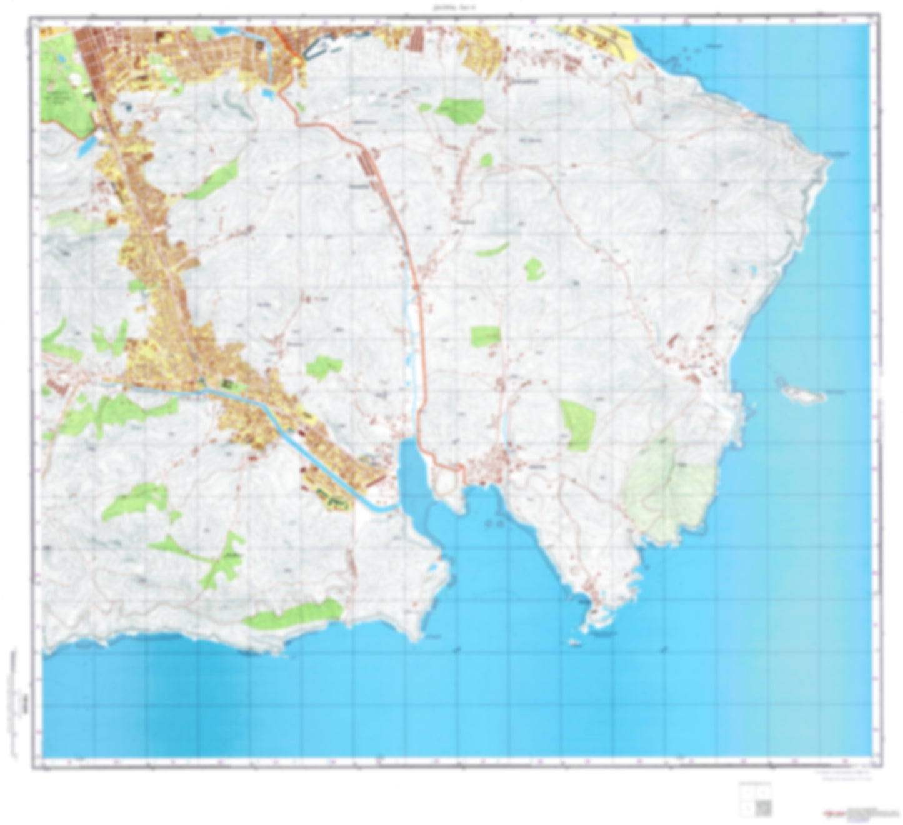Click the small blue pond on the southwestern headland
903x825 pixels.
coord(432,568)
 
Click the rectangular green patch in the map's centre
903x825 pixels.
coord(486,336)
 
